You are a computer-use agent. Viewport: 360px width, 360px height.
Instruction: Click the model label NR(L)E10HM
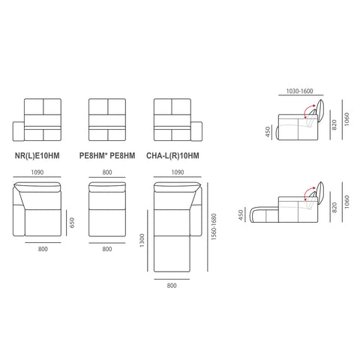pos(37,156)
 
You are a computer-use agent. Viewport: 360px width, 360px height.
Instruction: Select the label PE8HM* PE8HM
pos(107,156)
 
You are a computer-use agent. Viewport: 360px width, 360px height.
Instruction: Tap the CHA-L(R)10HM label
pos(172,156)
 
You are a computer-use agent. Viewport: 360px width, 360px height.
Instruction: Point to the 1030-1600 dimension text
pos(299,91)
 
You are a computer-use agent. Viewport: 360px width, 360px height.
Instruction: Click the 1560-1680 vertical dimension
pos(214,227)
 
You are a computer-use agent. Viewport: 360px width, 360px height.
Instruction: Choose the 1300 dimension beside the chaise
pos(142,241)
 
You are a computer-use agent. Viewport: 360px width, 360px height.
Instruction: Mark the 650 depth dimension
pos(72,223)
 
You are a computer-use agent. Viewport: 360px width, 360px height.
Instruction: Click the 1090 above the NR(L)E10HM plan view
pos(37,172)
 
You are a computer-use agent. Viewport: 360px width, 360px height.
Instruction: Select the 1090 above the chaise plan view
pos(178,172)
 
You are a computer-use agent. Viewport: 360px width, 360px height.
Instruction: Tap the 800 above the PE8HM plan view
pos(107,172)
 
